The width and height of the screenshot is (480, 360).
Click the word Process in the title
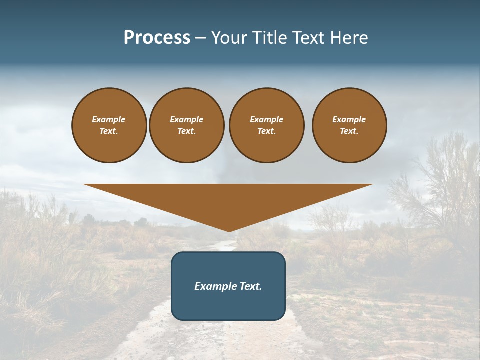[x=157, y=38]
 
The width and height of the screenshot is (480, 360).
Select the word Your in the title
[x=227, y=38]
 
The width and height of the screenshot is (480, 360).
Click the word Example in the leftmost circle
[x=109, y=119]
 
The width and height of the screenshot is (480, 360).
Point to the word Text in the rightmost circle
[x=349, y=131]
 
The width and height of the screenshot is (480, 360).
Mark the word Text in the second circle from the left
[x=186, y=131]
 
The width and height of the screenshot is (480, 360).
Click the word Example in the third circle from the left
[x=266, y=119]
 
